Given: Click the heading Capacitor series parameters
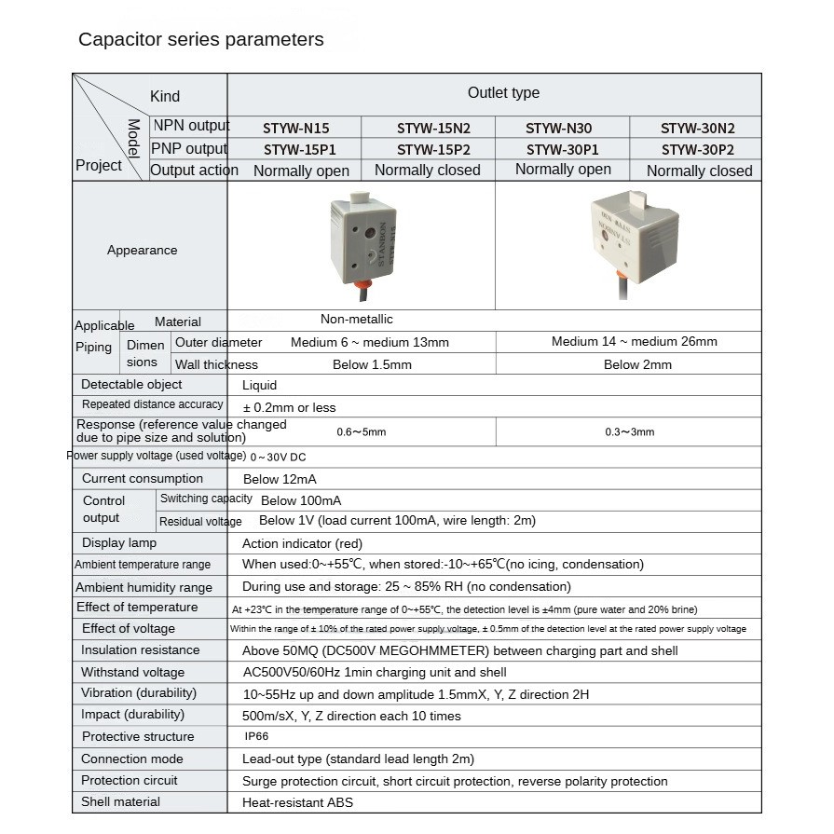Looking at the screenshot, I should coord(200,39).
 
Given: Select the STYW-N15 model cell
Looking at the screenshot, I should coord(296,129).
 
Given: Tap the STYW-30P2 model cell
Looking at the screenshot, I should coord(698,149).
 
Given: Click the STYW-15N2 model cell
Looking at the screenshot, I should coord(433,129).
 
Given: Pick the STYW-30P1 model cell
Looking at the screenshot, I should coord(562,149).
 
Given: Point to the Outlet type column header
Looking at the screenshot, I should coord(503,93).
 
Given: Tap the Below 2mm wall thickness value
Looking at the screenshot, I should coord(637,364).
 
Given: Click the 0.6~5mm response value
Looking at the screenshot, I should coord(362,431).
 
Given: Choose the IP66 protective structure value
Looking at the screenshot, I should coord(256,736).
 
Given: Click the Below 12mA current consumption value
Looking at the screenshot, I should coord(280,479).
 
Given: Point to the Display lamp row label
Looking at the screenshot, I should coord(119,542).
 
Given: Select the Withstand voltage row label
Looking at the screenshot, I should coord(132,672).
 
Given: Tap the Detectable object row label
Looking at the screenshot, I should coord(131,384).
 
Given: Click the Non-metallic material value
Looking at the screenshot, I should coord(357,319).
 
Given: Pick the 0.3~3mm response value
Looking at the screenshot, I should coord(630,431).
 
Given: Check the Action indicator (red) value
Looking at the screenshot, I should coord(302,543).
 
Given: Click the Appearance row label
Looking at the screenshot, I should coord(142,250).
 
